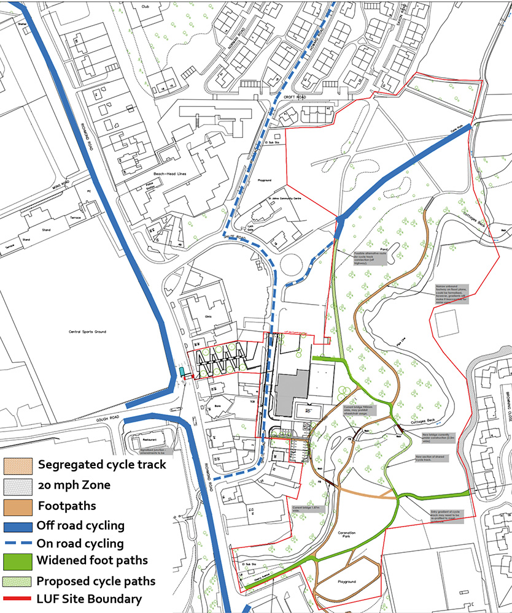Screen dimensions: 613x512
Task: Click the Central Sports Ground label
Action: pos(88,332)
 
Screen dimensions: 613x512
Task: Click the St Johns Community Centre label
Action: pos(272,199)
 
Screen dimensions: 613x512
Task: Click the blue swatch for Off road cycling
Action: pos(18,525)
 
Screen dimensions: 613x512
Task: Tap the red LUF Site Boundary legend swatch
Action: pos(18,598)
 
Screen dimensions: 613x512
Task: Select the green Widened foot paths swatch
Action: pos(18,560)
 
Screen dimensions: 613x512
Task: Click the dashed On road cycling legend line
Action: pos(18,543)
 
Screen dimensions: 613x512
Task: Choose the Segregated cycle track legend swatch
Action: pos(18,465)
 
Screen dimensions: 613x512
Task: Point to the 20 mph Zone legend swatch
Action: pos(18,485)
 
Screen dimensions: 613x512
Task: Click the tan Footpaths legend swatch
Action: pos(18,506)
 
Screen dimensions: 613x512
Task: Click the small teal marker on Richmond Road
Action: pos(182,371)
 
